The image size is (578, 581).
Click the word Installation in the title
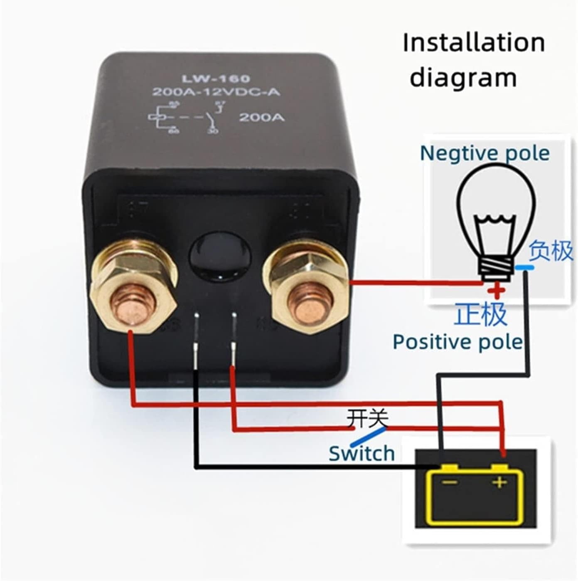[x=474, y=43]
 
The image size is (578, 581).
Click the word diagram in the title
[x=463, y=78]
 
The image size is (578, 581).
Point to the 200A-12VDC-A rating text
[x=216, y=92]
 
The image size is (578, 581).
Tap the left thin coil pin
[x=196, y=341]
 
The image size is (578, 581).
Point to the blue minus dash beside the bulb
[x=525, y=268]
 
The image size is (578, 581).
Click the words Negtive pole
[x=485, y=153]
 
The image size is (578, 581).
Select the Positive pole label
[x=457, y=342]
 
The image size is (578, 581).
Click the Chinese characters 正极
[x=481, y=314]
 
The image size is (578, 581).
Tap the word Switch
[x=362, y=453]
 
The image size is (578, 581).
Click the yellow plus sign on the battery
[x=500, y=482]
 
